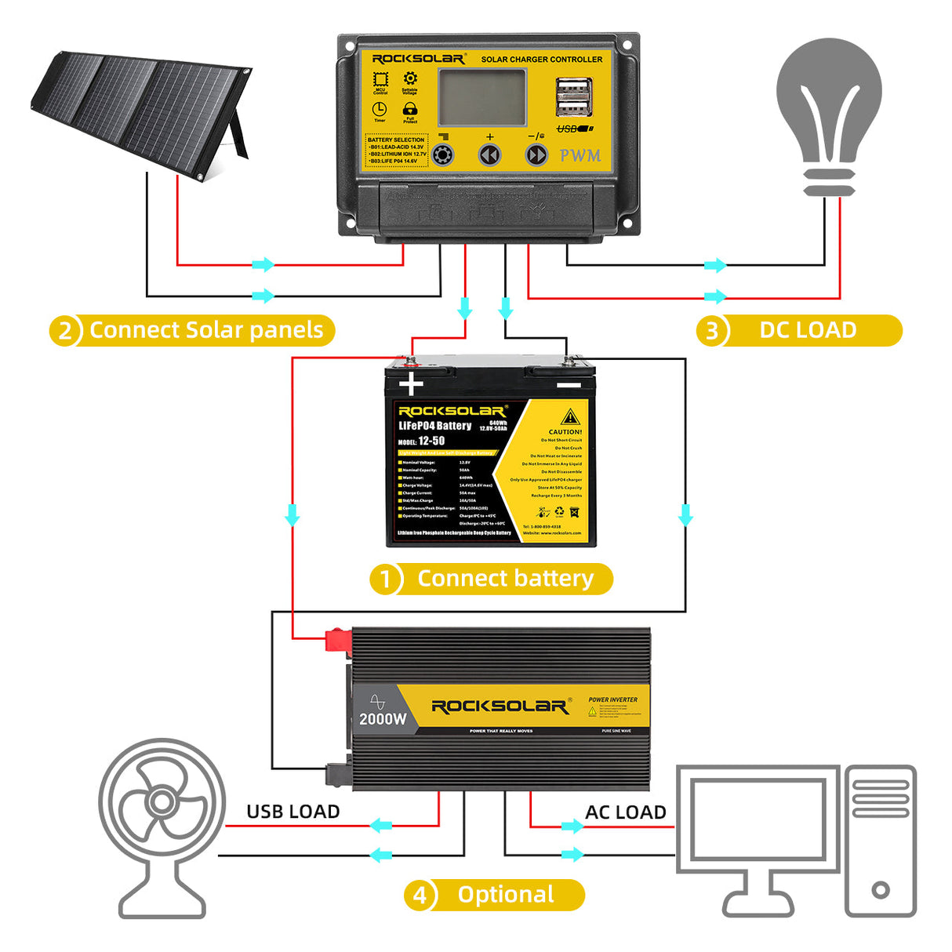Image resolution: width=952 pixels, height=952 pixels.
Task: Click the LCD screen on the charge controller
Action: [x=481, y=96]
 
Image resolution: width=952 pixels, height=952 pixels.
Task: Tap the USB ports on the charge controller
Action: [x=573, y=97]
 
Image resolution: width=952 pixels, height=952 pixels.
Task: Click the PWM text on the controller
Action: [x=580, y=155]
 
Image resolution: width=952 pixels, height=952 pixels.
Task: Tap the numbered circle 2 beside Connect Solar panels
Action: [x=65, y=331]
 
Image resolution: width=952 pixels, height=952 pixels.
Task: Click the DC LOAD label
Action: [x=808, y=330]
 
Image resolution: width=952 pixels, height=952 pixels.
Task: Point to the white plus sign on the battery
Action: [x=411, y=384]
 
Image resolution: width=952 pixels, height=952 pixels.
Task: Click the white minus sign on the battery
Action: [x=569, y=385]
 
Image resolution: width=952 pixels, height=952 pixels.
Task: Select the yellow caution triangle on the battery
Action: [x=570, y=416]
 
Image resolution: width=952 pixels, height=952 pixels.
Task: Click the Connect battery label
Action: [x=505, y=579]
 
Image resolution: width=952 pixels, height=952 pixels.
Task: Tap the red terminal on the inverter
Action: [x=338, y=639]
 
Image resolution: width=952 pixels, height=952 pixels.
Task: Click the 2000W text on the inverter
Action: [x=383, y=718]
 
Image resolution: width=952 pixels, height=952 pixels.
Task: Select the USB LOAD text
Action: [x=293, y=812]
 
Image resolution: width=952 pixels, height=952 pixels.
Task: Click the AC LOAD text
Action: [x=625, y=812]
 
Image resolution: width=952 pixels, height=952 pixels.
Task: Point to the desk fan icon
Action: [x=162, y=823]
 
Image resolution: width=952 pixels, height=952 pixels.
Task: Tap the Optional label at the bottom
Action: [x=506, y=895]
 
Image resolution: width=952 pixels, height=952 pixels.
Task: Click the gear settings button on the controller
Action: [x=443, y=154]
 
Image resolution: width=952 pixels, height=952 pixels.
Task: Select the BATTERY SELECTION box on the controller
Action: [x=397, y=151]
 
